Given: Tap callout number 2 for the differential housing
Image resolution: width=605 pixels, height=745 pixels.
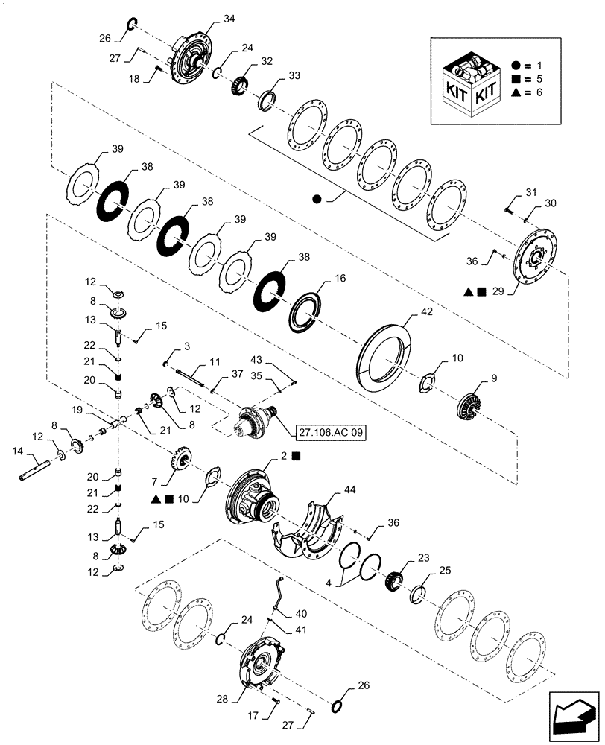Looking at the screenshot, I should click(x=284, y=454).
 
